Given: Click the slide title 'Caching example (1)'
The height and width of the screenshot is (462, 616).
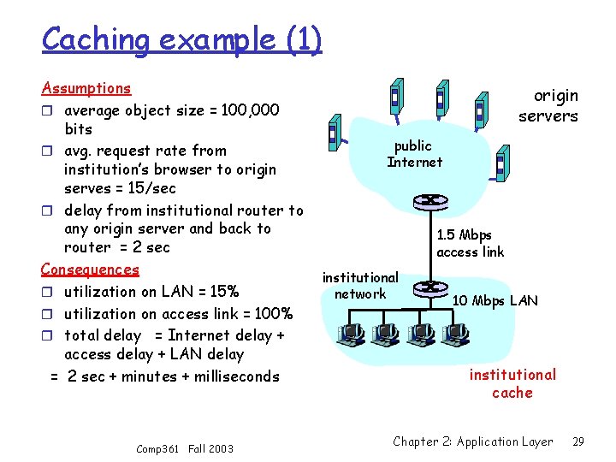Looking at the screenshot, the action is pyautogui.click(x=181, y=39).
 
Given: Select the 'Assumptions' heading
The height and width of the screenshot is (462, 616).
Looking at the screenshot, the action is pyautogui.click(x=86, y=88).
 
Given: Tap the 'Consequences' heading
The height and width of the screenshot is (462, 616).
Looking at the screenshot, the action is pyautogui.click(x=90, y=269).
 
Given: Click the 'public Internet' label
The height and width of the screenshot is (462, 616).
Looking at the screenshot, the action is pyautogui.click(x=414, y=154).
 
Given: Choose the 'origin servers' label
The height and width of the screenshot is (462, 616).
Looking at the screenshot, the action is pyautogui.click(x=548, y=106).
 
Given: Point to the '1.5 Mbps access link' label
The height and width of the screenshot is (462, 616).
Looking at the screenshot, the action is pyautogui.click(x=470, y=243).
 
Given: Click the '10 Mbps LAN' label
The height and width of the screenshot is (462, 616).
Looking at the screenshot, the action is pyautogui.click(x=495, y=300).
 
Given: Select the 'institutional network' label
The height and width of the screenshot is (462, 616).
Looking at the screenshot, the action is pyautogui.click(x=360, y=286).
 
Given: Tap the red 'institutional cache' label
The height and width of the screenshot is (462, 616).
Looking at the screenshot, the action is pyautogui.click(x=512, y=383).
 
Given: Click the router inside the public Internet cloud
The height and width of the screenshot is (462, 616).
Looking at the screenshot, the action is pyautogui.click(x=425, y=202).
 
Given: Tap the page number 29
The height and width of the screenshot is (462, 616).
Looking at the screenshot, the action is pyautogui.click(x=578, y=441).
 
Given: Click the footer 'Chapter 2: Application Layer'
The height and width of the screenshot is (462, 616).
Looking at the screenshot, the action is pyautogui.click(x=473, y=441).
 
